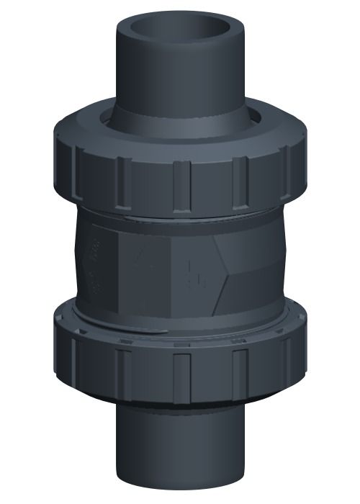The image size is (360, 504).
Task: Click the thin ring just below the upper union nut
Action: tap(180, 215)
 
